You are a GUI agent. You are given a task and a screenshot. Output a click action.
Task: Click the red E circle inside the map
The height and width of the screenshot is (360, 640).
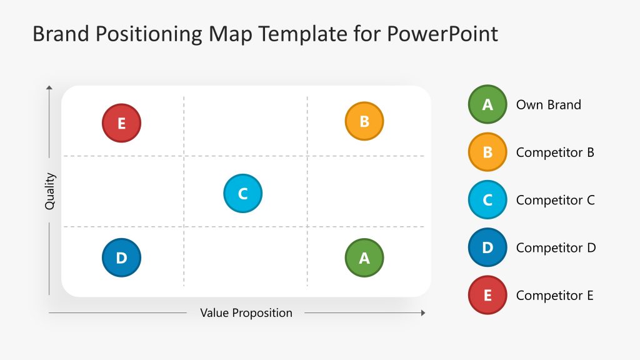tap(121, 123)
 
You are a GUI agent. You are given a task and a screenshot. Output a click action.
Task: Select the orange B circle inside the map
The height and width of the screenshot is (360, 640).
tap(364, 121)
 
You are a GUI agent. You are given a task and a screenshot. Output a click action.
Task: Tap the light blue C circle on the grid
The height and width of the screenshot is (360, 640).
tap(242, 193)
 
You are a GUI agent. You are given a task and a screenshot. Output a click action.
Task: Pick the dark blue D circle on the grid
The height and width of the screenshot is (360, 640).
tap(121, 257)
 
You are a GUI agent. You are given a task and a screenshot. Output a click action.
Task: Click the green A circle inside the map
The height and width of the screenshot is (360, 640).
tap(364, 257)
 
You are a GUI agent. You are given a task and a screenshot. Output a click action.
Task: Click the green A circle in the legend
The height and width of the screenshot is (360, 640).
tap(487, 104)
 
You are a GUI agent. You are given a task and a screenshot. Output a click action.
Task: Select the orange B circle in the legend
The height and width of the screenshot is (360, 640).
tap(487, 152)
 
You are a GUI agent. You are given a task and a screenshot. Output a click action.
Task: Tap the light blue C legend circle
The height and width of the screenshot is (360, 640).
tap(487, 199)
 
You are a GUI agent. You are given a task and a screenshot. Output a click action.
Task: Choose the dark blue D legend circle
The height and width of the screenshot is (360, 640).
tap(487, 247)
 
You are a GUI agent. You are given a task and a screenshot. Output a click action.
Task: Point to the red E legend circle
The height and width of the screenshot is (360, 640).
tap(487, 295)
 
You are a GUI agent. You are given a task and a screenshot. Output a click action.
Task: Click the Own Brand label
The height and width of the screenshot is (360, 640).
tap(548, 105)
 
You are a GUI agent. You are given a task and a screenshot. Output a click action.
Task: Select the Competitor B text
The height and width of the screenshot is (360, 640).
tap(555, 152)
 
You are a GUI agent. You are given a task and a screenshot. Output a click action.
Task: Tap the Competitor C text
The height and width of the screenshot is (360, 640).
tap(555, 200)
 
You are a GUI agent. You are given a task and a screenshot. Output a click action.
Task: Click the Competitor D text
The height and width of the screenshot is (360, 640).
tap(556, 248)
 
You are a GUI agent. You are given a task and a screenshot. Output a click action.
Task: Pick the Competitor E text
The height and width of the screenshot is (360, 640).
tap(554, 296)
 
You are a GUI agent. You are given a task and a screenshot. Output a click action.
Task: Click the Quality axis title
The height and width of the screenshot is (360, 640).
tap(50, 191)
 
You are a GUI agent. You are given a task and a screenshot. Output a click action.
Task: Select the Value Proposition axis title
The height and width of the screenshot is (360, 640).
tap(246, 312)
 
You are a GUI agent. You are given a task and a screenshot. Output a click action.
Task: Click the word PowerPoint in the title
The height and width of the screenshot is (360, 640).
tap(442, 34)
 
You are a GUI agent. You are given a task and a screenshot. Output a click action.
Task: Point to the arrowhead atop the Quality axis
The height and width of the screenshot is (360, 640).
tap(49, 89)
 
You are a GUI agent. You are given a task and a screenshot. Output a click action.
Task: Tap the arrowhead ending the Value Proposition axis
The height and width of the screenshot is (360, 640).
tap(423, 312)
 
